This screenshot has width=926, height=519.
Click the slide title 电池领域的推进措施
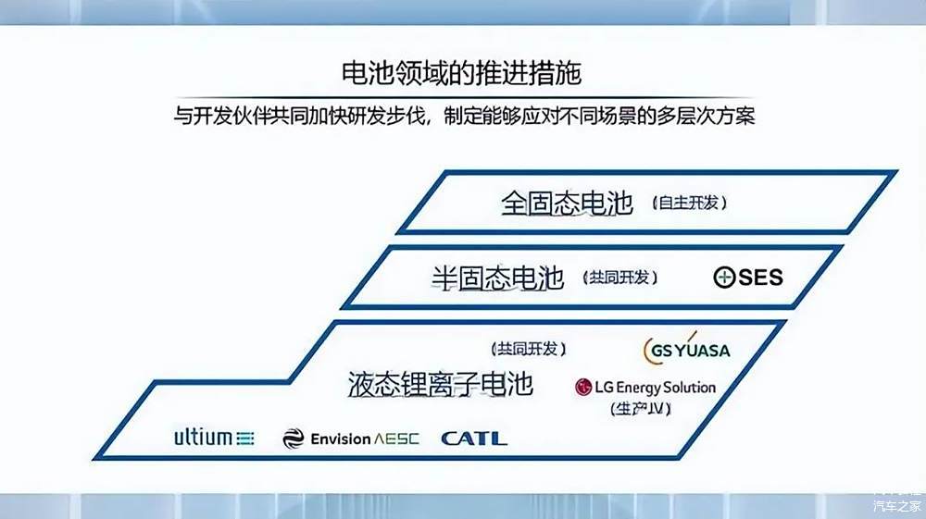[x=461, y=73]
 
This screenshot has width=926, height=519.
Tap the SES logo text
[x=760, y=278]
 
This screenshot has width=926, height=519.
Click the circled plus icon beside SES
[x=724, y=278]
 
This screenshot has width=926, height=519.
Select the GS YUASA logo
[x=686, y=348]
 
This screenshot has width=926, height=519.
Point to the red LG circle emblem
[x=583, y=388]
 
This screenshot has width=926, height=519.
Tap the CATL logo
[x=473, y=439]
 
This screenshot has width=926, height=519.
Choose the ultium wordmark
[x=203, y=437]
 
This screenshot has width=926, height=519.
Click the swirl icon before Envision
[x=294, y=439]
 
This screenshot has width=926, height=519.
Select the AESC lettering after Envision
[x=396, y=439]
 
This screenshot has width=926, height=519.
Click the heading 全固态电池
[x=567, y=204]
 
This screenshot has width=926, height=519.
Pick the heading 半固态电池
[x=498, y=278]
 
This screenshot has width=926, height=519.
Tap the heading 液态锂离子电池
[x=441, y=385]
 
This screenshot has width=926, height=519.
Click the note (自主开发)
[x=689, y=203]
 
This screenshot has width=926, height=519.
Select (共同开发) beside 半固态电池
[x=620, y=278]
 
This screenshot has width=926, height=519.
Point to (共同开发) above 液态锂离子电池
[x=529, y=349]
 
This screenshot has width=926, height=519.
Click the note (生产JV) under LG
[x=641, y=408]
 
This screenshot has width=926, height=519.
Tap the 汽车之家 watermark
[x=897, y=505]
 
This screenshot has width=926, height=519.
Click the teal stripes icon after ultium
[x=245, y=439]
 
